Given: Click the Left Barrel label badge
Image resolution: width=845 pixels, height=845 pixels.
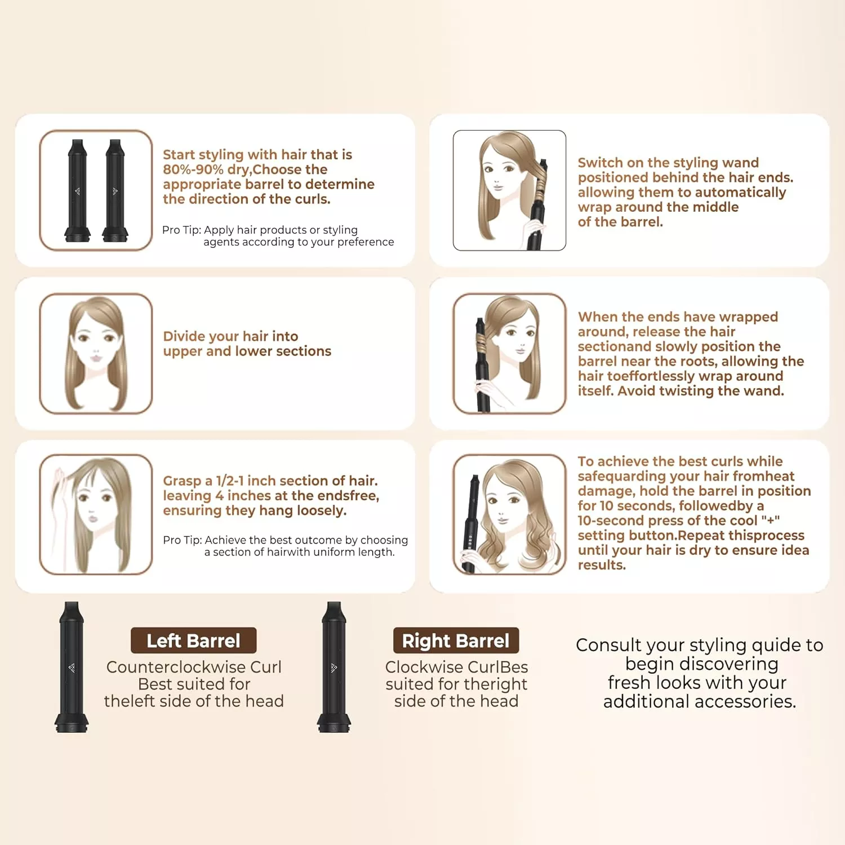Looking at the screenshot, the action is coord(193,641).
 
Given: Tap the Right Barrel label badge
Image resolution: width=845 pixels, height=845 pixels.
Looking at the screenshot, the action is coord(456,641).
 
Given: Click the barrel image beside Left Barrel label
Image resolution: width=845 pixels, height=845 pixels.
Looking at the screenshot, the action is coord(72,667).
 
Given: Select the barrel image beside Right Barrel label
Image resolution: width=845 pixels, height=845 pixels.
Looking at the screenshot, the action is coord(334,667).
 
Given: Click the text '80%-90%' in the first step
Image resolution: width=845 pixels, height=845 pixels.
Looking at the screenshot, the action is coord(193,170).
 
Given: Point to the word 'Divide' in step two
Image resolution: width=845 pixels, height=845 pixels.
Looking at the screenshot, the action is coord(183,336).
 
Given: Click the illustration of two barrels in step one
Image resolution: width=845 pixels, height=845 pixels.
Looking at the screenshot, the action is coord(96,190).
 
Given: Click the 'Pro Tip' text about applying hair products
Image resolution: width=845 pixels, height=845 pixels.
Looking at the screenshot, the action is coord(278,236).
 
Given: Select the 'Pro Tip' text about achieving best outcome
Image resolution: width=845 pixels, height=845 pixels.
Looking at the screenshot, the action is coord(286,546).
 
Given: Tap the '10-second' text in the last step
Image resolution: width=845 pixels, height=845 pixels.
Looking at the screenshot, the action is coord(611,521).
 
